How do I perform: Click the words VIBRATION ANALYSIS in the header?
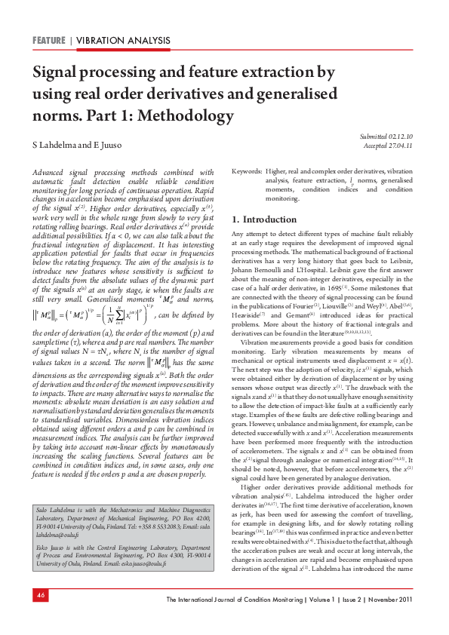(x=122, y=39)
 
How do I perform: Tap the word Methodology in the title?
(x=186, y=115)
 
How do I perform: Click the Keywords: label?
(x=247, y=173)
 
